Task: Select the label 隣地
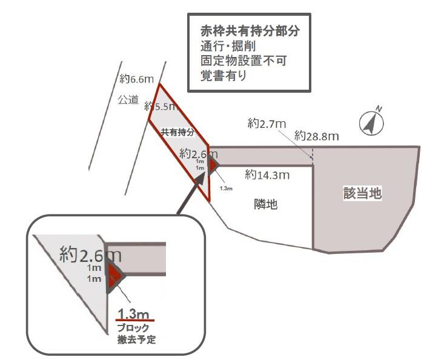(265, 205)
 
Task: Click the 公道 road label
(128, 99)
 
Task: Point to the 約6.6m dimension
(136, 79)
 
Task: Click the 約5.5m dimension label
(160, 107)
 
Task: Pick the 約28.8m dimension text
(316, 136)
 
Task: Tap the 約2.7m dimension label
(267, 124)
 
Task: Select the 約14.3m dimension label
(267, 175)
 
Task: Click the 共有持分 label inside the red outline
(177, 132)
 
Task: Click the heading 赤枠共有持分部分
(250, 30)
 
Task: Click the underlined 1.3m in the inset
(134, 313)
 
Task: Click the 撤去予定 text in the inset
(136, 339)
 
